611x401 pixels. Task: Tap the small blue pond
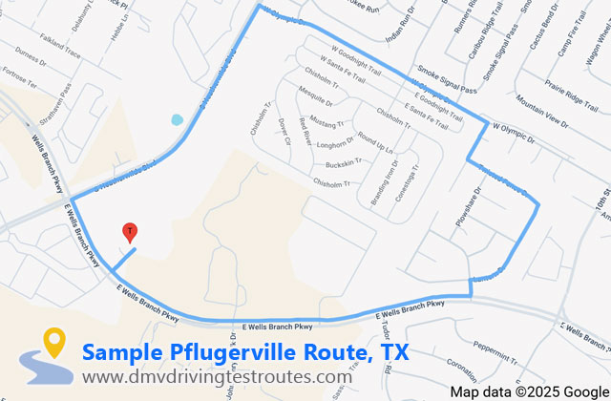tap(176, 120)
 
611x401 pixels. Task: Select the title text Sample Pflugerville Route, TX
tap(245, 352)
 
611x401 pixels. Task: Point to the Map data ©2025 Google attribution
tap(529, 391)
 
